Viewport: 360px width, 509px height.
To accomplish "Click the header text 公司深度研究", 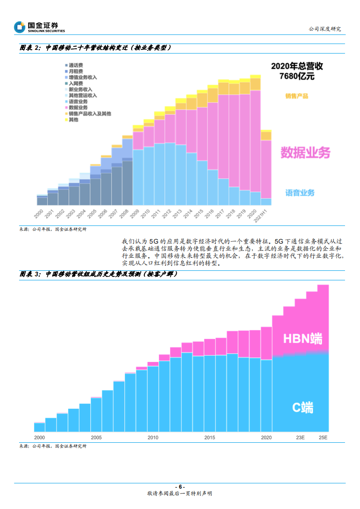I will (325, 29).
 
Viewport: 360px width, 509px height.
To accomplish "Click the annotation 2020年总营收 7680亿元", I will (297, 71).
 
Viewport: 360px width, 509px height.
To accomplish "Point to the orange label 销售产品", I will (297, 96).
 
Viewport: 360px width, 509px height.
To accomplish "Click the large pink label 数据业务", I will (305, 152).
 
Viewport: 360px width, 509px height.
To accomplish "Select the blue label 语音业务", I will (300, 193).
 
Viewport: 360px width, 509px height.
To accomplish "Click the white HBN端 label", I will (303, 338).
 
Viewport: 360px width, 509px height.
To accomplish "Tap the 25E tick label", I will (323, 438).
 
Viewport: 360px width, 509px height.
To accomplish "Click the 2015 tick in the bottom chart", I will (209, 438).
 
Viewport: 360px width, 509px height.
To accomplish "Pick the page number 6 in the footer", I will (180, 487).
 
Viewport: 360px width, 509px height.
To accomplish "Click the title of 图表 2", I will (95, 48).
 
